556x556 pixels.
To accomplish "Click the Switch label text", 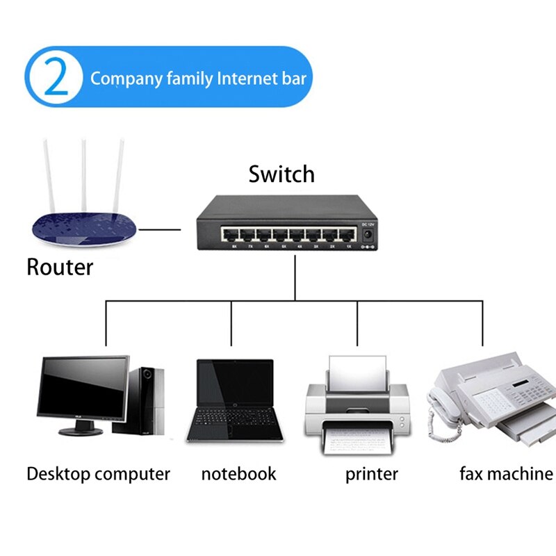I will click(x=281, y=174).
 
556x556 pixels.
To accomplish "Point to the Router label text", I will click(x=60, y=267).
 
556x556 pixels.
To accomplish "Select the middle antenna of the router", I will click(x=84, y=174).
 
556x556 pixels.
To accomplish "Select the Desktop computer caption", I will click(x=98, y=475).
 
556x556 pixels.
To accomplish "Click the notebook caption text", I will click(x=238, y=475).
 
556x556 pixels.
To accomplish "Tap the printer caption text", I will click(x=371, y=475).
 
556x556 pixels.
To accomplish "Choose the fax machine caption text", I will click(x=506, y=475).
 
